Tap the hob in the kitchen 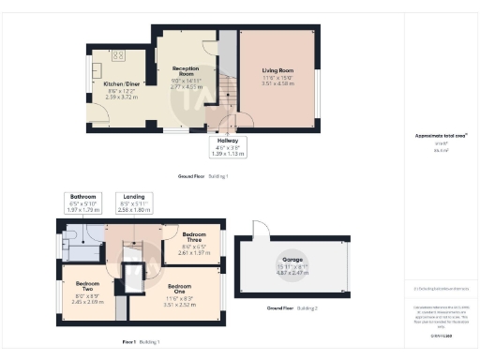[119, 55]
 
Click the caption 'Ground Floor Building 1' [202, 176]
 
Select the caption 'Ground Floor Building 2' [292, 307]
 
